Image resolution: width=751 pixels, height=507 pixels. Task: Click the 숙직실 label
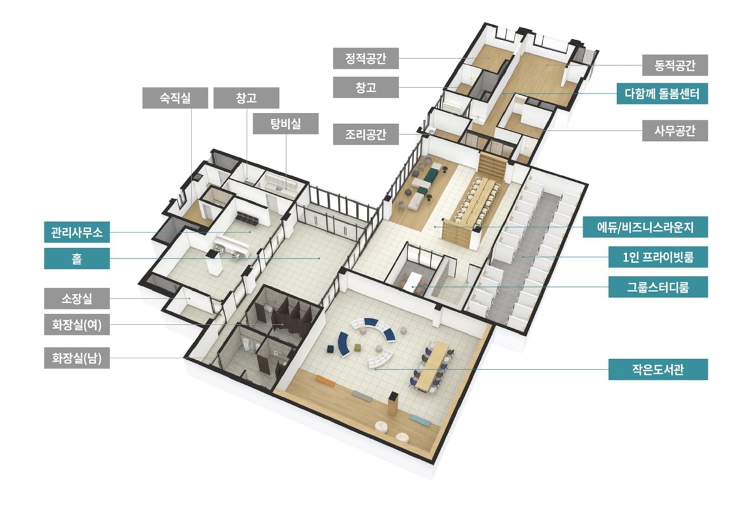175,98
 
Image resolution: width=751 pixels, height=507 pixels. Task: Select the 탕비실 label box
285,123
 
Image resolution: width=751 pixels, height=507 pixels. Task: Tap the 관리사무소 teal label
77,232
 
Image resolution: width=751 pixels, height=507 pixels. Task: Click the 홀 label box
77,259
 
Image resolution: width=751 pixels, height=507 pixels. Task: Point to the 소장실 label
77,298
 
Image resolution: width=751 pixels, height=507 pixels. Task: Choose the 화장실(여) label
77,325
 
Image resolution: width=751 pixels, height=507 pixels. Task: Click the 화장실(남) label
77,358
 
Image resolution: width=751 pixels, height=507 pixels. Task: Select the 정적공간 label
365,58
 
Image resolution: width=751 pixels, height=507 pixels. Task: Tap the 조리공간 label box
365,134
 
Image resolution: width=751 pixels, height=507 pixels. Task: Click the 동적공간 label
675,65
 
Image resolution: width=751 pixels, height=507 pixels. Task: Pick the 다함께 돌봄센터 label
662,93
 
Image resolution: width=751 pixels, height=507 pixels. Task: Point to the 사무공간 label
675,130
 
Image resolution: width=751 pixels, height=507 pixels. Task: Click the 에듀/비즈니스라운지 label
645,227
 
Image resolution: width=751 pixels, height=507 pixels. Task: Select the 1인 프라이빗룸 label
658,257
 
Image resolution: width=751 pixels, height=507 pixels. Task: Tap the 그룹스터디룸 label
658,287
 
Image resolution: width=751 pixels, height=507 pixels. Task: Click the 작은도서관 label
658,369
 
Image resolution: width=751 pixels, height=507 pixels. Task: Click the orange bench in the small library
325,381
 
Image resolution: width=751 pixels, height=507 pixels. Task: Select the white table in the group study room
412,281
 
